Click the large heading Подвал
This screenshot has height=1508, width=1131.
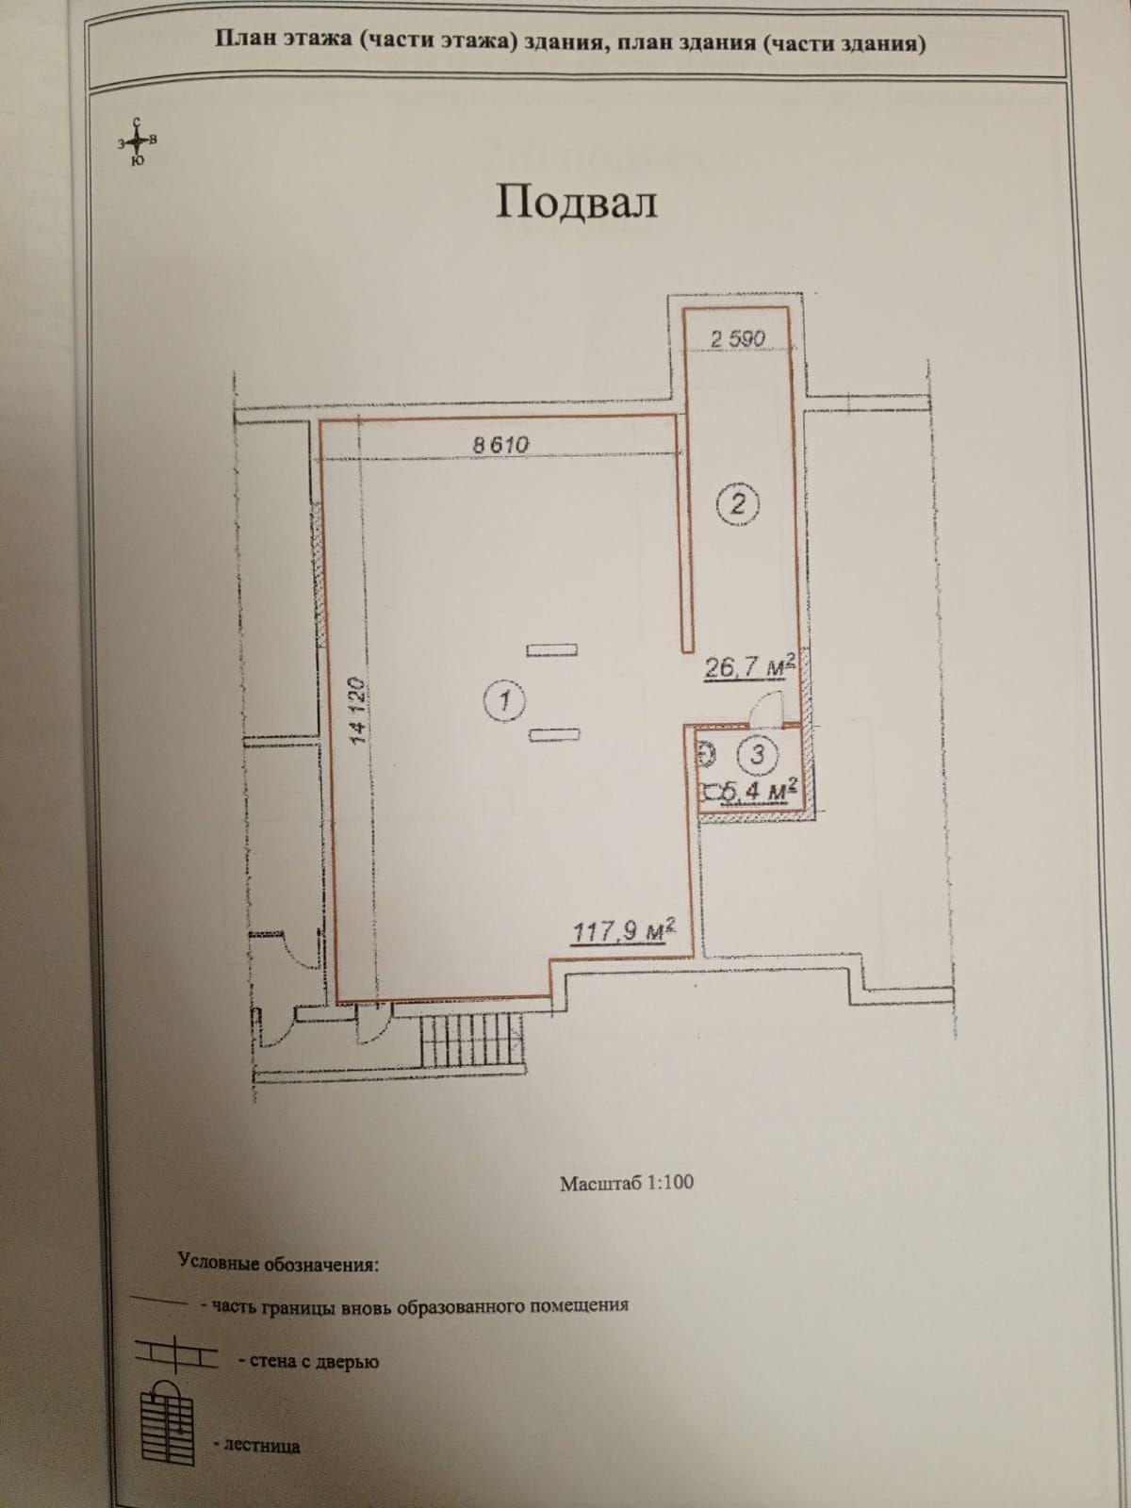[x=576, y=204]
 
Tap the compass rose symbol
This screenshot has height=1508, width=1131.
[x=138, y=141]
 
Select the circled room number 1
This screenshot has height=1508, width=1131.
[x=505, y=701]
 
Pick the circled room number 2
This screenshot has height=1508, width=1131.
[x=738, y=505]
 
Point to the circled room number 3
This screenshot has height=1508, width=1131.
[x=758, y=754]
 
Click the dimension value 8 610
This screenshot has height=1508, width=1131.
[x=500, y=445]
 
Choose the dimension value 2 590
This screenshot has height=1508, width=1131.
[x=738, y=338]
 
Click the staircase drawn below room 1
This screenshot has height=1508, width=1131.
[x=472, y=1041]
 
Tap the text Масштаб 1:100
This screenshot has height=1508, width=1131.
[x=626, y=1183]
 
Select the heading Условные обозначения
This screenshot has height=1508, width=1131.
[x=278, y=1263]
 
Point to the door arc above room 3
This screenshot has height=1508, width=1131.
[x=766, y=708]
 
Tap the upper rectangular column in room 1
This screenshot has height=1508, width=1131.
[x=551, y=650]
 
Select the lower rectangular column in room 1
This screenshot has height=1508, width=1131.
[x=554, y=735]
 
